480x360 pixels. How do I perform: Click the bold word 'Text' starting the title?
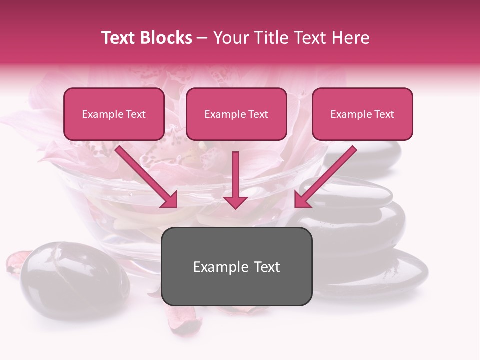coord(119,38)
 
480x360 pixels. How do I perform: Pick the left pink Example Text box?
coord(114,114)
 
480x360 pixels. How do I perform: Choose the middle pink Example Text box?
coord(236,114)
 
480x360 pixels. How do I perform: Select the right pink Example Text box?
coord(362,114)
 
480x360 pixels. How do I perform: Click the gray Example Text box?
coord(236,266)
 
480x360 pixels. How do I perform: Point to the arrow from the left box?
coord(147,177)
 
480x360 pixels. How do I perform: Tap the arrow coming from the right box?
coord(324,177)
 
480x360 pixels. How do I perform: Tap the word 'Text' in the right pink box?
coord(384,114)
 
